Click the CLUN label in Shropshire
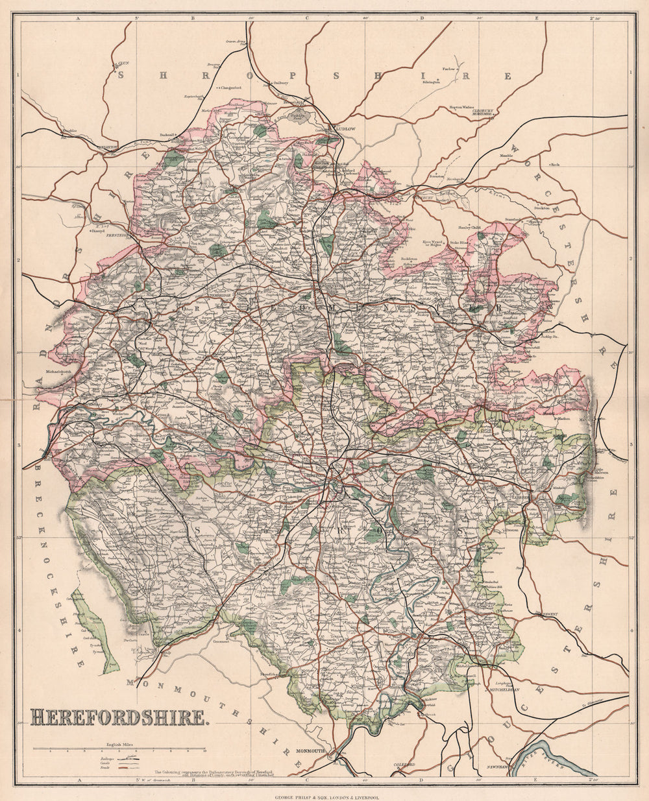click(123, 64)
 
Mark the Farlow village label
click(448, 68)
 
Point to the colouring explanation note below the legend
click(214, 773)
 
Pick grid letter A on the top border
click(79, 18)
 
